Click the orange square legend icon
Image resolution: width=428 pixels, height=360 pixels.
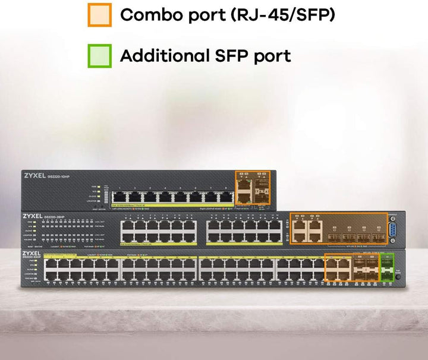pyautogui.click(x=99, y=14)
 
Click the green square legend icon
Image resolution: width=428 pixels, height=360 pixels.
pyautogui.click(x=99, y=55)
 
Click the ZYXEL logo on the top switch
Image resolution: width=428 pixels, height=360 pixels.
pyautogui.click(x=37, y=176)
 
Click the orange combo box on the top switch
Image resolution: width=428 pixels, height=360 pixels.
pyautogui.click(x=253, y=188)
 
